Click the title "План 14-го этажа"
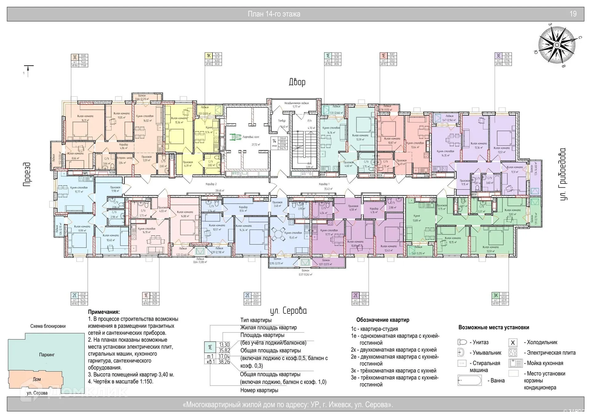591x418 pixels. click(x=274, y=14)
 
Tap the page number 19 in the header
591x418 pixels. click(x=573, y=14)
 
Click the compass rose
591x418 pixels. click(x=557, y=45)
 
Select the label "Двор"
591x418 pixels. click(x=297, y=82)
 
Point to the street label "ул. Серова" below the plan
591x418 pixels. click(x=288, y=311)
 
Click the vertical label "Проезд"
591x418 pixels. click(x=27, y=174)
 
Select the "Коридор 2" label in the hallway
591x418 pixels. click(x=211, y=184)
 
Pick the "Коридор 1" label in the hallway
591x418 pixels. click(x=324, y=184)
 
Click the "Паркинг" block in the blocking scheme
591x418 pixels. click(x=47, y=355)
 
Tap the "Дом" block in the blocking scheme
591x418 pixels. click(x=37, y=379)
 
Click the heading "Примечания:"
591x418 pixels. click(x=104, y=312)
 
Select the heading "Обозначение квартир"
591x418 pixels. click(x=383, y=320)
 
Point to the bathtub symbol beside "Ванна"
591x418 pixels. click(x=469, y=380)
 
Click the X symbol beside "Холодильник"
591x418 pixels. click(x=513, y=343)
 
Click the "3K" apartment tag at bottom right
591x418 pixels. click(x=496, y=295)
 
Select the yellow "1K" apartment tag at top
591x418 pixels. click(x=209, y=56)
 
